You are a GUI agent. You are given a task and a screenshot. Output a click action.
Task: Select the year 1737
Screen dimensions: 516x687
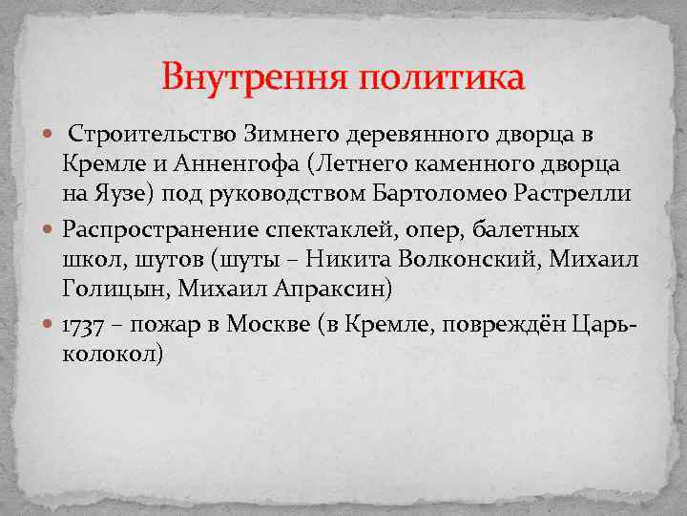(89, 324)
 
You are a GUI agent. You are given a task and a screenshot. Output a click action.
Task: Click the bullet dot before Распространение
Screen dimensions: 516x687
(52, 229)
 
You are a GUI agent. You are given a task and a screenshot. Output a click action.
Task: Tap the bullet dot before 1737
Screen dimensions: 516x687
(52, 324)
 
